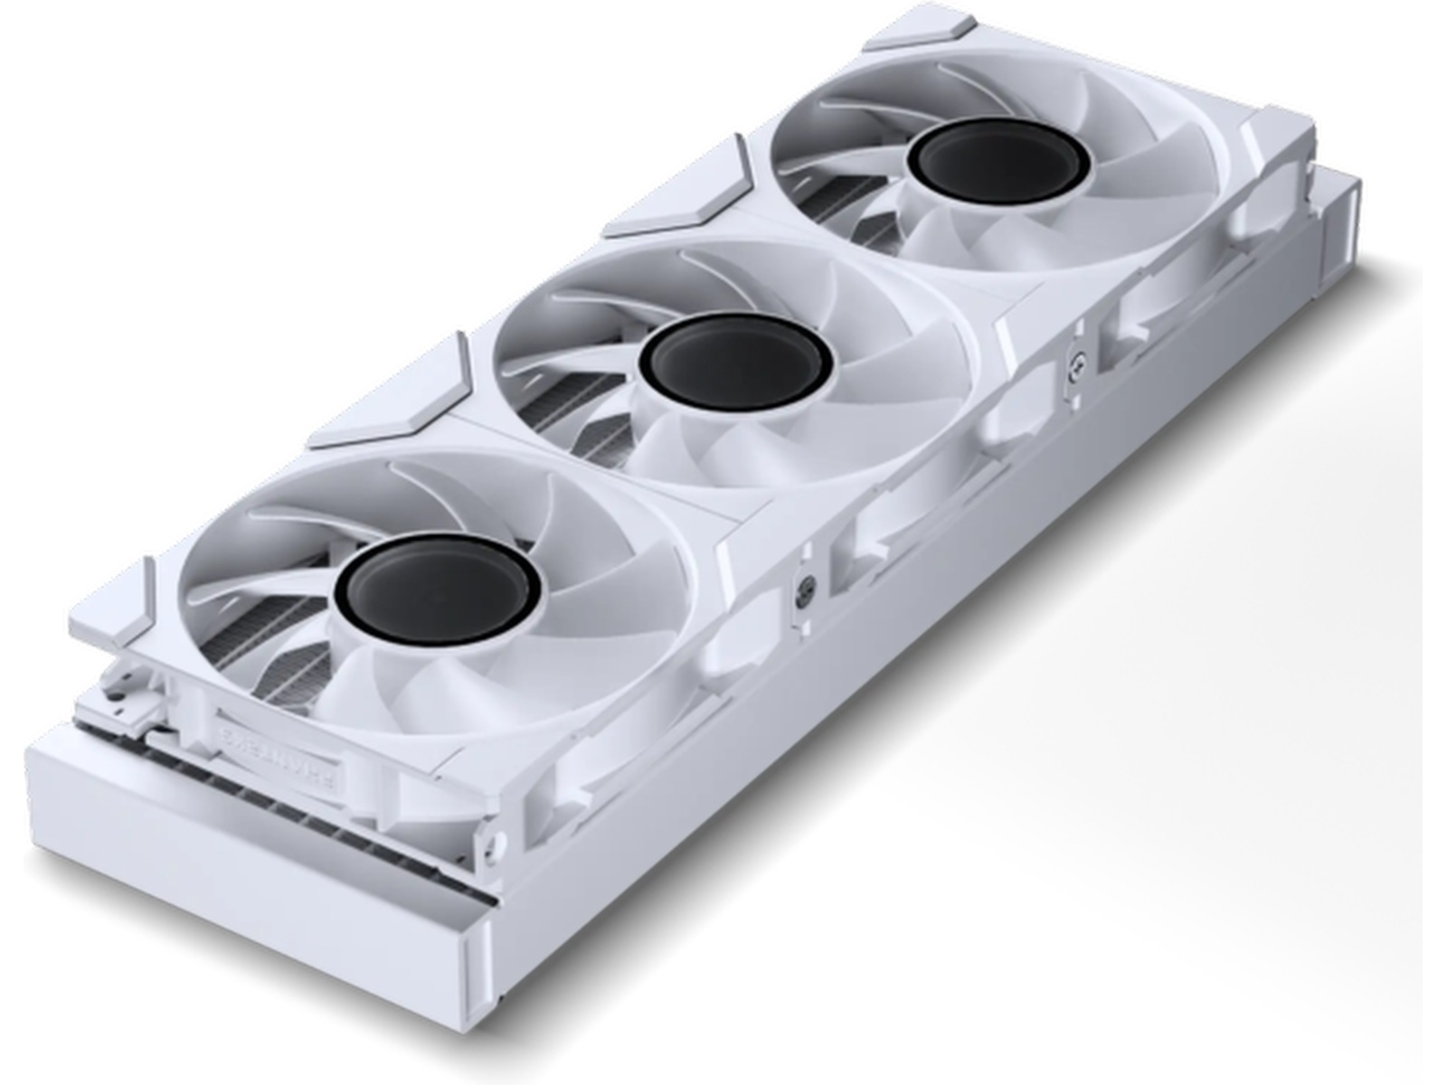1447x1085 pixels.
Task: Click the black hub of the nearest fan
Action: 438,585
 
